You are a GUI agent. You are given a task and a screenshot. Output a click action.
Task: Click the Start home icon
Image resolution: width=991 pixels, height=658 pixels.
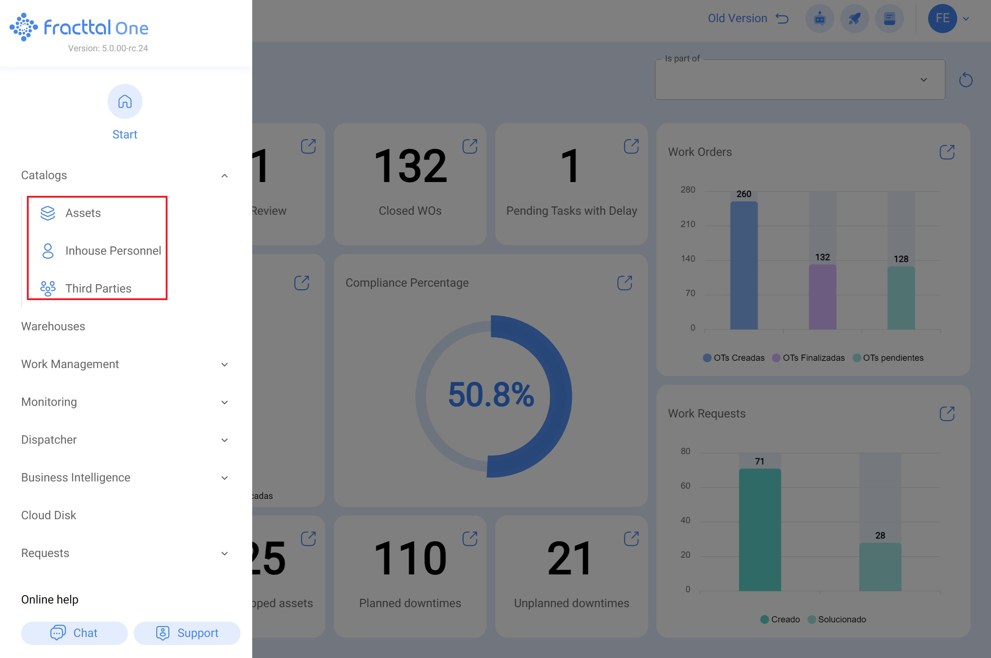[125, 102]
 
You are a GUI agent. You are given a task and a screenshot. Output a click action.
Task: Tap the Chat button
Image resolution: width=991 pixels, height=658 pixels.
[74, 633]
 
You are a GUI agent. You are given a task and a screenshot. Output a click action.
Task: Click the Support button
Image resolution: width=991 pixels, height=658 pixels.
[187, 633]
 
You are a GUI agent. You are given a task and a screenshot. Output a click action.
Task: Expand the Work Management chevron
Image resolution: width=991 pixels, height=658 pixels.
[225, 365]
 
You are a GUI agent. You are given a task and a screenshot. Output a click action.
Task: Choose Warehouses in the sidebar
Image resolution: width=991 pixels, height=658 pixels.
[53, 327]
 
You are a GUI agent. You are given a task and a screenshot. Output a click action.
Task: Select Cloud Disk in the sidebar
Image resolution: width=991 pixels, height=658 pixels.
[49, 515]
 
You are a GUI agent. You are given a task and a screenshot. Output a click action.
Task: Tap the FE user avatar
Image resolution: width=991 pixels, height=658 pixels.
[942, 19]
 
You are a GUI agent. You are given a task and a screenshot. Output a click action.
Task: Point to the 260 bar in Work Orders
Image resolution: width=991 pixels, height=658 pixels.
[744, 265]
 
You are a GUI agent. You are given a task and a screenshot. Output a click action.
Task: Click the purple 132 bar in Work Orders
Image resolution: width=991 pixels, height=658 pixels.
[822, 297]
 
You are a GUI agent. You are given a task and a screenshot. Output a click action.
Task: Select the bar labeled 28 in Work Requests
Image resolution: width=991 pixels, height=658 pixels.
[880, 567]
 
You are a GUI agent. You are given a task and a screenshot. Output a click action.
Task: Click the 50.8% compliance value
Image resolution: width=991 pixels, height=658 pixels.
[491, 395]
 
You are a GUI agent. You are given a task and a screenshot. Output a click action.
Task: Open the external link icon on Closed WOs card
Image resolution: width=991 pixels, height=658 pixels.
[470, 146]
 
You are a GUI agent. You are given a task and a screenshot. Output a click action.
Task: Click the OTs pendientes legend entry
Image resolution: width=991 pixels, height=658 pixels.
[888, 358]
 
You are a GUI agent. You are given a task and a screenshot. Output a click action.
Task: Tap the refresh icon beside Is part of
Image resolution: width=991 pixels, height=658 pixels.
[966, 80]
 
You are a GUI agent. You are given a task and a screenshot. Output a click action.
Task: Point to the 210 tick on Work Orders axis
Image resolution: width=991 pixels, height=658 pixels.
[688, 224]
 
